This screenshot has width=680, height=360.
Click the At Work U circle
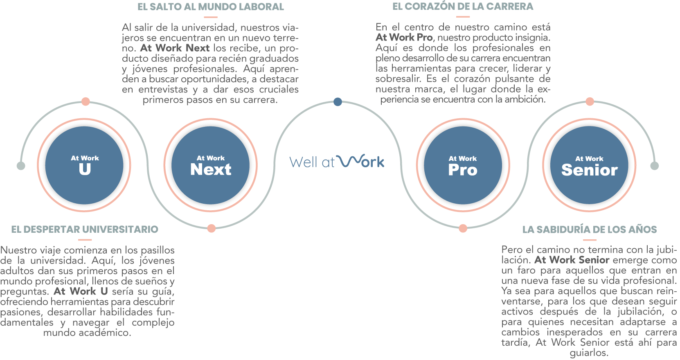pyautogui.click(x=84, y=165)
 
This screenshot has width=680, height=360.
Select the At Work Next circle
pyautogui.click(x=211, y=165)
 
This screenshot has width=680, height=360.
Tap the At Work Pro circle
pyautogui.click(x=463, y=165)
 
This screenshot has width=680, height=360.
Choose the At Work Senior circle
pyautogui.click(x=589, y=165)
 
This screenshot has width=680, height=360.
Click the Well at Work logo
pyautogui.click(x=337, y=162)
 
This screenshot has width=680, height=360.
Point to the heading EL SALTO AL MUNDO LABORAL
pyautogui.click(x=210, y=7)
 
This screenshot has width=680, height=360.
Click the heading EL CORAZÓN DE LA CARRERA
pyautogui.click(x=463, y=7)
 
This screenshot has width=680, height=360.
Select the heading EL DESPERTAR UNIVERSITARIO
pyautogui.click(x=85, y=229)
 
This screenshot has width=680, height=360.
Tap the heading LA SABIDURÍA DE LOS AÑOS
pyautogui.click(x=590, y=229)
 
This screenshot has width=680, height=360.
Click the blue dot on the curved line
pyautogui.click(x=338, y=102)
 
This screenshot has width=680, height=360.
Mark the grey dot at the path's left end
pyautogui.click(x=21, y=166)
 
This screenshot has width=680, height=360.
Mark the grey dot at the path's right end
pyautogui.click(x=655, y=166)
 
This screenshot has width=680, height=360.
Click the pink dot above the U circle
pyautogui.click(x=86, y=101)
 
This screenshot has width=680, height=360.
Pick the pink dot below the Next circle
pyautogui.click(x=211, y=228)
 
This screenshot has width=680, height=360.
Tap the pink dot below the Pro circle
pyautogui.click(x=463, y=228)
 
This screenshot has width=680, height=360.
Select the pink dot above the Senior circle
pyautogui.click(x=590, y=101)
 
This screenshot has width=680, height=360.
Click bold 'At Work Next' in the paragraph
pyautogui.click(x=175, y=48)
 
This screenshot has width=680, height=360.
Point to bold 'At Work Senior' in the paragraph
pyautogui.click(x=572, y=260)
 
